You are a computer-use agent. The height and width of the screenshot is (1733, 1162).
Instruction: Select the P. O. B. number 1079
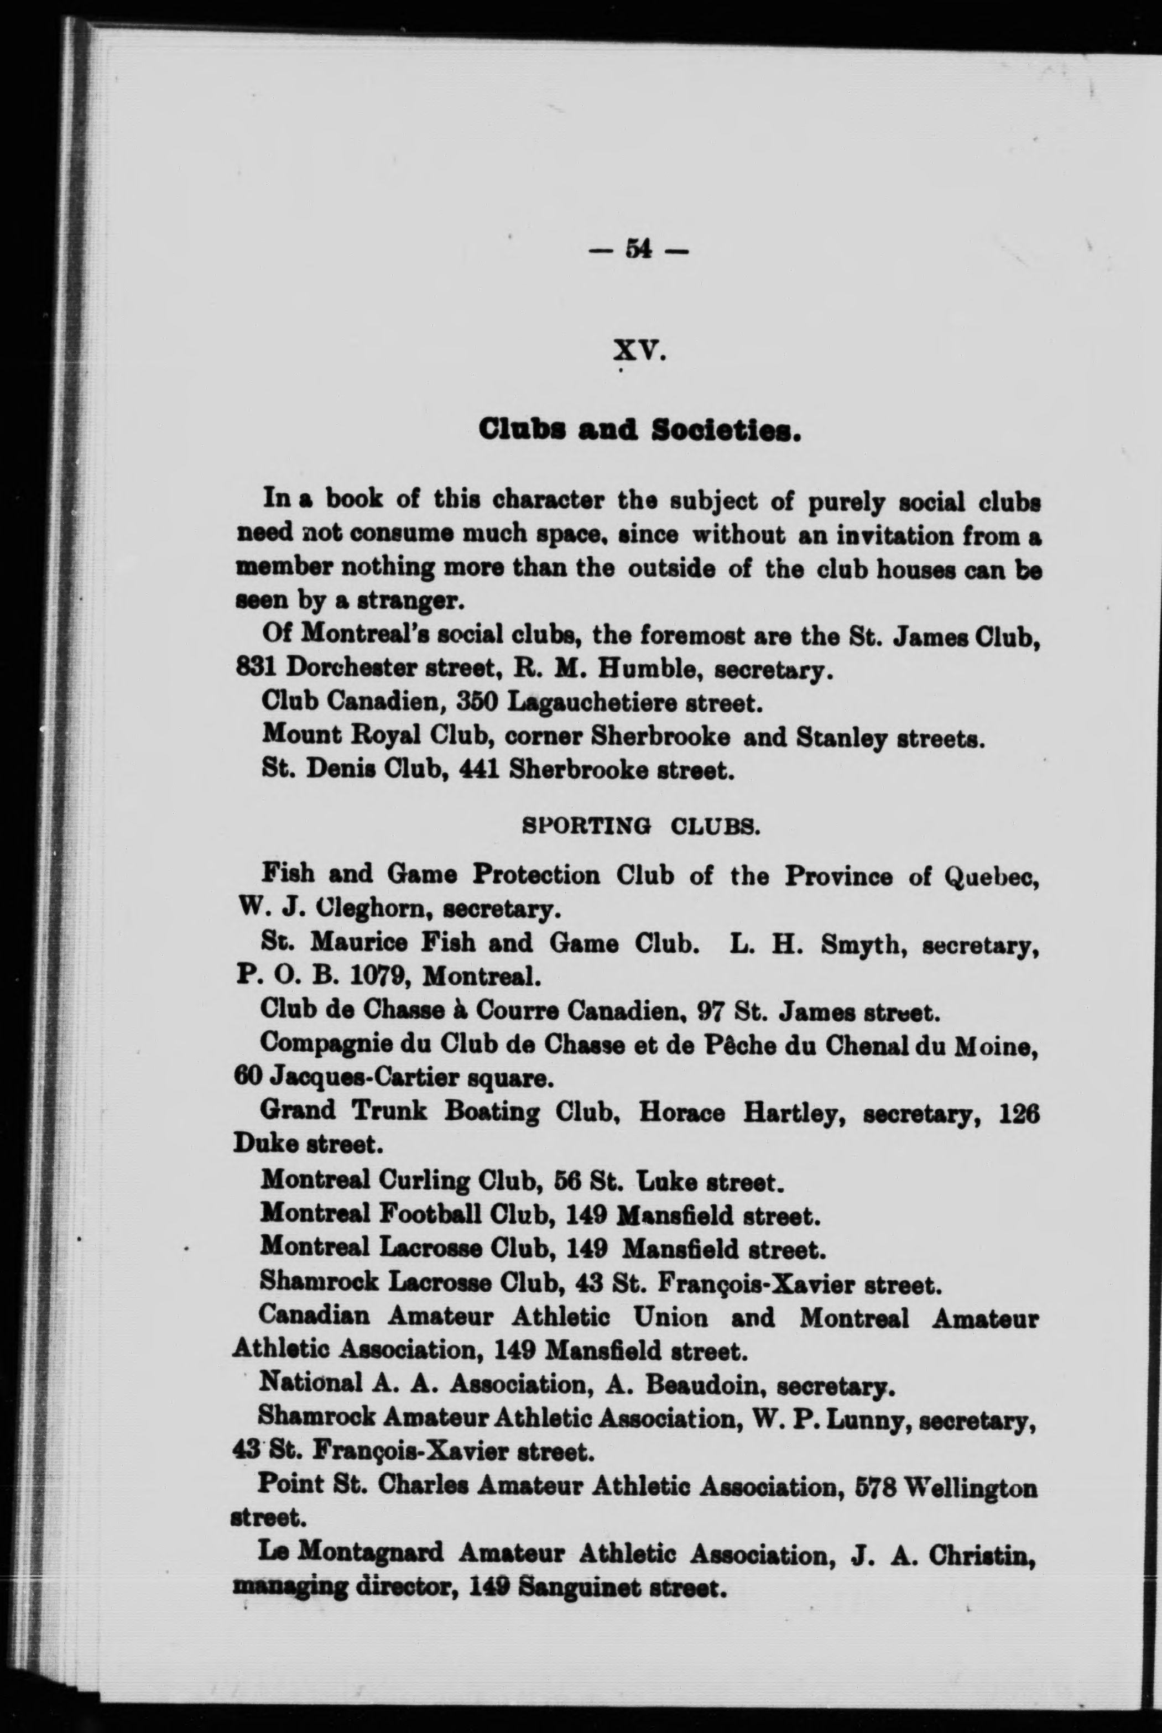click(x=382, y=977)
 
